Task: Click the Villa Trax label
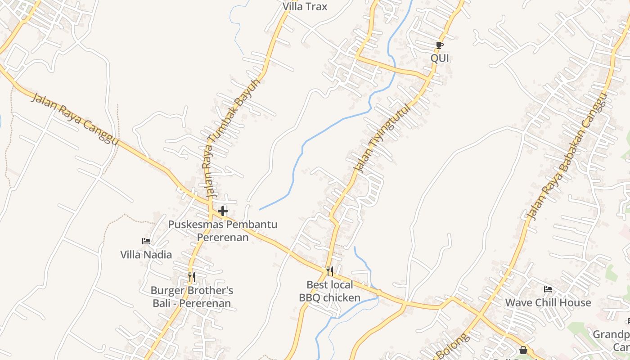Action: [x=305, y=7]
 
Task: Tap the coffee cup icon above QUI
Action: [x=440, y=45]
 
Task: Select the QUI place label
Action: [x=440, y=58]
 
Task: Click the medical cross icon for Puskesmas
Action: [x=223, y=211]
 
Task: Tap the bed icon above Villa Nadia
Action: [x=146, y=241]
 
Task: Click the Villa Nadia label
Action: [x=146, y=255]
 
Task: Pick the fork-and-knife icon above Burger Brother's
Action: [x=192, y=277]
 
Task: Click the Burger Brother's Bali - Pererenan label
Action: [x=192, y=297]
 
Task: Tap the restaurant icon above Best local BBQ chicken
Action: [x=330, y=271]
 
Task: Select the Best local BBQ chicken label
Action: [x=330, y=291]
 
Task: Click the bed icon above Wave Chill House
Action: [x=548, y=289]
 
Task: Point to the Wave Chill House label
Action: [x=548, y=302]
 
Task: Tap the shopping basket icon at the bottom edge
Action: [x=523, y=350]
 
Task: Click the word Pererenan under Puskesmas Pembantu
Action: [x=223, y=237]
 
